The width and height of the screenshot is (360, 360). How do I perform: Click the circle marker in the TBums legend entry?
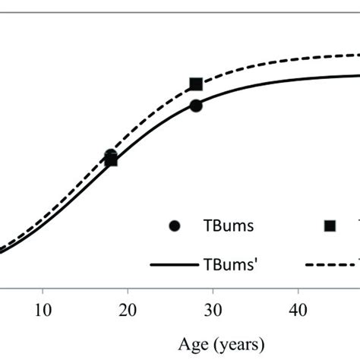[x=176, y=226]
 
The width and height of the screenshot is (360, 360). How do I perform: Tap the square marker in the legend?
[x=330, y=226]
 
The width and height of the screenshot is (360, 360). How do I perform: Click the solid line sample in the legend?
[x=175, y=265]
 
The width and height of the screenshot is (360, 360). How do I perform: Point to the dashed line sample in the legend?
[x=331, y=265]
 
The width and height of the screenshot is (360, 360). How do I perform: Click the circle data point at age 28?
[x=196, y=106]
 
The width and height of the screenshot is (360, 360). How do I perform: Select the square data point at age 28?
[x=196, y=84]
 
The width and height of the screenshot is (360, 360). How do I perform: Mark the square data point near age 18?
[x=111, y=160]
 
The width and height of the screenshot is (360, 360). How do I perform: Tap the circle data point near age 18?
[x=111, y=154]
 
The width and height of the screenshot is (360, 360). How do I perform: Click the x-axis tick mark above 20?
[x=128, y=289]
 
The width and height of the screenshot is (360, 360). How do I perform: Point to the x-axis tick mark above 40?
[x=298, y=289]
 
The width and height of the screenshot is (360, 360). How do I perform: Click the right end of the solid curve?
[x=358, y=74]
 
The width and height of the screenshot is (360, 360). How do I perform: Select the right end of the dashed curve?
[x=358, y=55]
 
